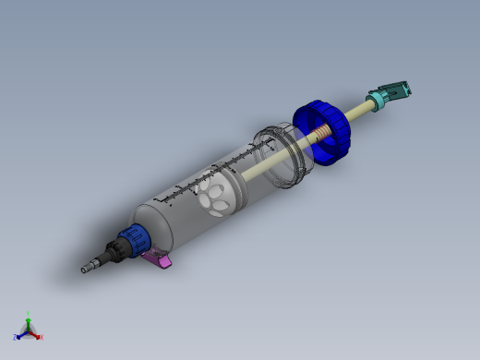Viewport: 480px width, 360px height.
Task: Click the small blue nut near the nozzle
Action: pyautogui.click(x=137, y=238)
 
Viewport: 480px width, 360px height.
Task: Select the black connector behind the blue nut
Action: pyautogui.click(x=116, y=250)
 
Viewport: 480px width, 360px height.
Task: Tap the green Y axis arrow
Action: pyautogui.click(x=29, y=318)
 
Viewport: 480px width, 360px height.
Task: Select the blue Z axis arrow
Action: pyautogui.click(x=21, y=333)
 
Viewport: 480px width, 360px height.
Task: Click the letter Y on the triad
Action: pyautogui.click(x=29, y=312)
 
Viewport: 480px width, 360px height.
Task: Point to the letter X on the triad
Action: pyautogui.click(x=42, y=337)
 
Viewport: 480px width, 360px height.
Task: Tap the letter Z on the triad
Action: pyautogui.click(x=16, y=337)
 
